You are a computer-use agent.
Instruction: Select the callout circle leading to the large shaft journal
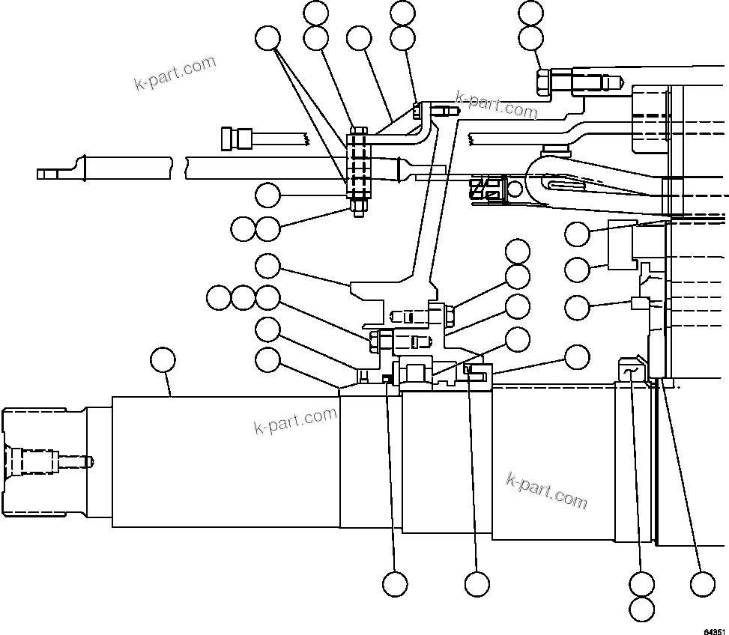tap(163, 360)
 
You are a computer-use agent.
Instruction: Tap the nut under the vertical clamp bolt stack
tap(358, 208)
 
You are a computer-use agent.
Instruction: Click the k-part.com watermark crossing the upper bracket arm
tap(497, 106)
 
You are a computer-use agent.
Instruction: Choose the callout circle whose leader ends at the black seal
tap(395, 583)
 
